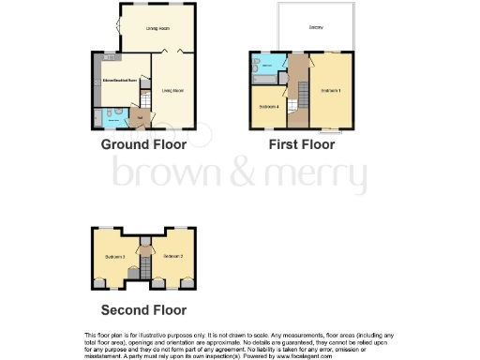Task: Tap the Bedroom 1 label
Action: [330, 91]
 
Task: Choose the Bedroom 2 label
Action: [172, 256]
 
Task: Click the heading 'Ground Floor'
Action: [138, 145]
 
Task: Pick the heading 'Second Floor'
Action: [143, 310]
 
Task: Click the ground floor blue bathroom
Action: [108, 117]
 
